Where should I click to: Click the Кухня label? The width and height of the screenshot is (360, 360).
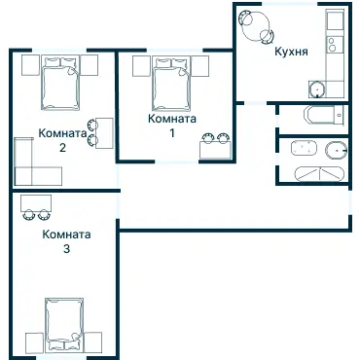coord(291,52)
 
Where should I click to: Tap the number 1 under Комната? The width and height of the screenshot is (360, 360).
coord(172,133)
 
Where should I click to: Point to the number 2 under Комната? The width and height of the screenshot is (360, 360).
coord(62,148)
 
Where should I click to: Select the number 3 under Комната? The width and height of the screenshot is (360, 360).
coord(66,249)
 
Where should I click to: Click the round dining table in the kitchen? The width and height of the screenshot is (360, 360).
coord(256,25)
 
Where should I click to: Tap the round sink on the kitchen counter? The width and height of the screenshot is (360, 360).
coord(316,89)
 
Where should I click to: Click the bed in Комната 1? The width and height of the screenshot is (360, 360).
coord(171,84)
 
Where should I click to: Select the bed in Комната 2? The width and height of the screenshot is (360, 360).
coord(60,83)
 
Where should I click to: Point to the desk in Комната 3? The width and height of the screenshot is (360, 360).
coord(36,203)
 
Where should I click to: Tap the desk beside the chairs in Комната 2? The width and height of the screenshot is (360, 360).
coord(104,133)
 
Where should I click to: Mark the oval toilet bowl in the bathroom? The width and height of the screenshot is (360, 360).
coord(336,151)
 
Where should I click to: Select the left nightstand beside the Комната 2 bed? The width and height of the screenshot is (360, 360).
coord(30,65)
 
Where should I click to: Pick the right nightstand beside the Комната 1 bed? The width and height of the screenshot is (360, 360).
coord(199,66)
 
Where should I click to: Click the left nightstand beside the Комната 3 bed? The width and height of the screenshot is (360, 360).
coord(34,343)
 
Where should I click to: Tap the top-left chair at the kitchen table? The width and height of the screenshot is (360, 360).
coord(244,18)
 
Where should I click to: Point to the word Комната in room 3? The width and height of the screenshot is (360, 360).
coord(66,234)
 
